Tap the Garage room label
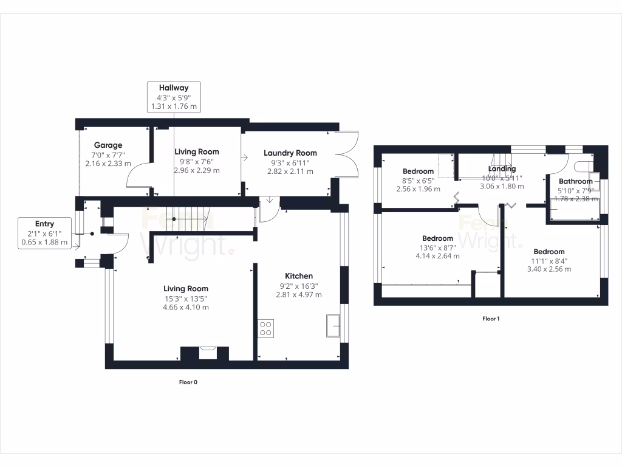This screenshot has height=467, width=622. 108,145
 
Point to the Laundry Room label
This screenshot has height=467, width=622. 290,153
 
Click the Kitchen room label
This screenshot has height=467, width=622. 299,276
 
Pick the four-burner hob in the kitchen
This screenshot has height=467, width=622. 265,328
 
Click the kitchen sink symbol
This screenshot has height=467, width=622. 333,325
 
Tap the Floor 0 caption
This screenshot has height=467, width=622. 188,382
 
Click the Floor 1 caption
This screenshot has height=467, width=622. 490,318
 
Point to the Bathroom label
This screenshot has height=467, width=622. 575,181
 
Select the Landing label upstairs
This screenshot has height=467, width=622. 502,169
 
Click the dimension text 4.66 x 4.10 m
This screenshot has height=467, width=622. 186,307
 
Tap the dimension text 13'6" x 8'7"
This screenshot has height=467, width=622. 437,247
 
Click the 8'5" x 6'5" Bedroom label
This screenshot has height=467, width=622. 419,171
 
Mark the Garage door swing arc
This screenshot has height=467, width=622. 137,177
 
